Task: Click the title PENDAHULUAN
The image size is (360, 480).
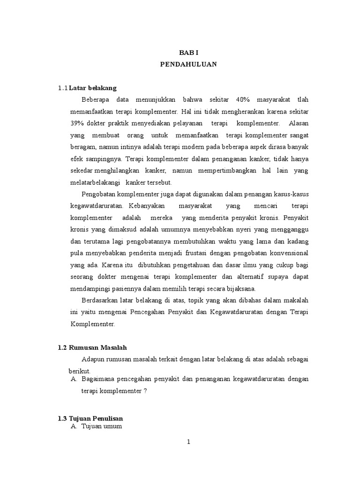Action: click(x=188, y=65)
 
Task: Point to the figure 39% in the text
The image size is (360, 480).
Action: click(x=77, y=123)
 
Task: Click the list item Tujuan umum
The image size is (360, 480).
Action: click(x=102, y=426)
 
